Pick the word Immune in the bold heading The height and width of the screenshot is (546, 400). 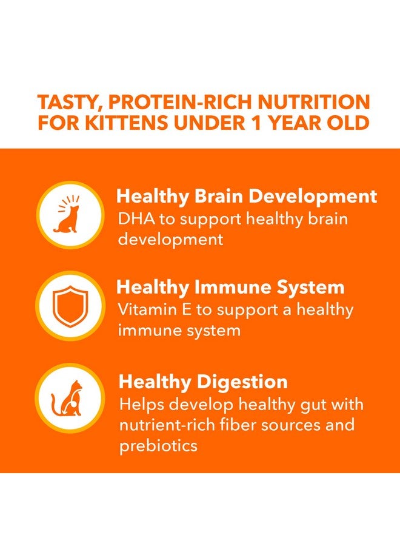[x=239, y=287]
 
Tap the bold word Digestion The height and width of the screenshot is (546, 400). [x=242, y=382]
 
